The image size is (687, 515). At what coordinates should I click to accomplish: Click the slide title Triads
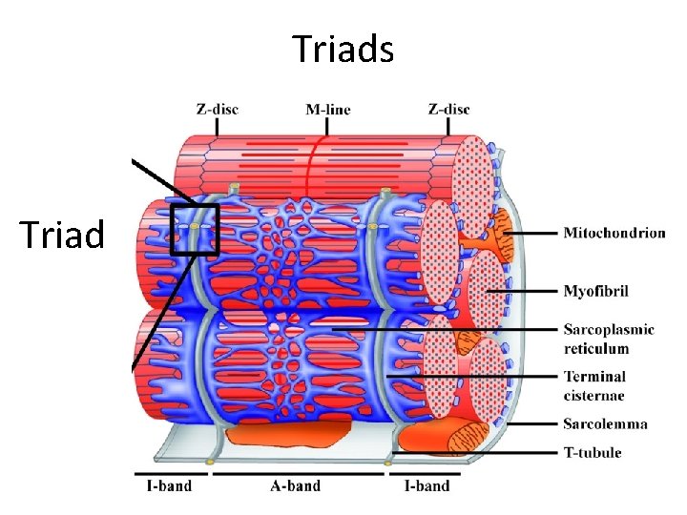point(343,49)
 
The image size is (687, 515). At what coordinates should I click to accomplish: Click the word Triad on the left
point(61,233)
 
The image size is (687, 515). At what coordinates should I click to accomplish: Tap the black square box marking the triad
point(195,229)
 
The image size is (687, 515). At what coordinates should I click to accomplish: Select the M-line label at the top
point(327,110)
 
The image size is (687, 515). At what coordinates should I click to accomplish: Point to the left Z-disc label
point(218,110)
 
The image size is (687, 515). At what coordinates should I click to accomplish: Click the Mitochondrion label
point(614,233)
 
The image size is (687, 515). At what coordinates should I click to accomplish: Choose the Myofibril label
point(596,290)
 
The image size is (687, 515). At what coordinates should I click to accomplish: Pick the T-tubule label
point(593,452)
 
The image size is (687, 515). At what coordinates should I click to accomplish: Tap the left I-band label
point(169,485)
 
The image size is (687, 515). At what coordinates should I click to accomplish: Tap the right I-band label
point(427,485)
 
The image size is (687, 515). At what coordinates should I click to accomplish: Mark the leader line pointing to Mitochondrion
point(534,233)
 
